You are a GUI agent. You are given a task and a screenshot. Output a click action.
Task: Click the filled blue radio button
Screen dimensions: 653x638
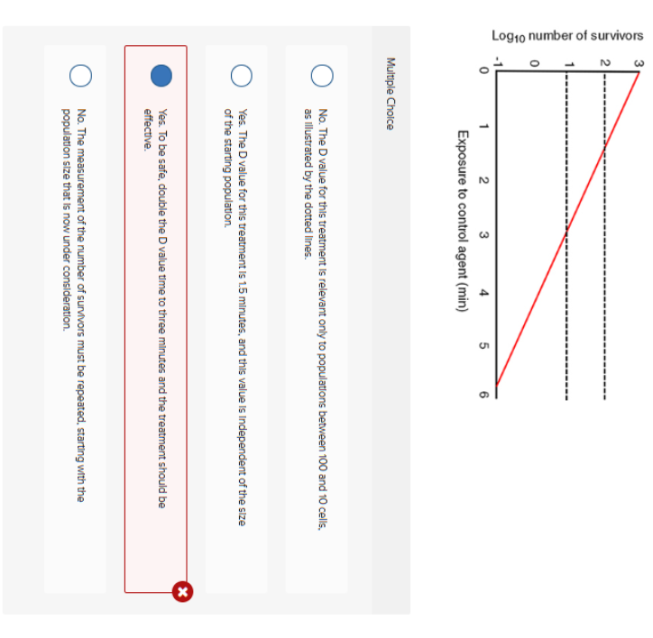[161, 76]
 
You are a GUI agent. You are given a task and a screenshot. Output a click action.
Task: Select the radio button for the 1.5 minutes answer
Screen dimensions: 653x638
[242, 76]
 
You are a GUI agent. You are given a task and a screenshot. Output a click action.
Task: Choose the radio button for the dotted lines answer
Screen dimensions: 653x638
[322, 76]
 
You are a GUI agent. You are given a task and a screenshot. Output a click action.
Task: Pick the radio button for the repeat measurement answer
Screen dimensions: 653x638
[81, 76]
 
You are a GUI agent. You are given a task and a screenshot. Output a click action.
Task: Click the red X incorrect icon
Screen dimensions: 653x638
[182, 591]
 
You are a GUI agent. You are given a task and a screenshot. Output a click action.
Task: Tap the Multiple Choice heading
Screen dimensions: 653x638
[390, 94]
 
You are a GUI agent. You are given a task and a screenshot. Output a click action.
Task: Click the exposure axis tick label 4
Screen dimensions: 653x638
[483, 293]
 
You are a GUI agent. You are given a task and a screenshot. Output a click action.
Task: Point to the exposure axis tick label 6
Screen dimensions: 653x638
[483, 394]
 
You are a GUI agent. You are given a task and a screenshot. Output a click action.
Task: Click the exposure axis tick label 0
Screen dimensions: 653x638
[483, 70]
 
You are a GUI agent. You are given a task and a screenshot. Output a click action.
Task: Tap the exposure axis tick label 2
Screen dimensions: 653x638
[483, 180]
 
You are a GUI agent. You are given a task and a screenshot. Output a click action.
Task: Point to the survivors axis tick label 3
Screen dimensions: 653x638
[639, 64]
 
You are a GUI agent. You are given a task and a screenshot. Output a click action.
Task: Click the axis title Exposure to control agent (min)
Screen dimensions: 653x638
[463, 221]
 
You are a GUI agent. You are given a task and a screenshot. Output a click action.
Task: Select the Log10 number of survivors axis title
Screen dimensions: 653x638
[567, 36]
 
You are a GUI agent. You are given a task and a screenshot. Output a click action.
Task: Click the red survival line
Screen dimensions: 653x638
[567, 229]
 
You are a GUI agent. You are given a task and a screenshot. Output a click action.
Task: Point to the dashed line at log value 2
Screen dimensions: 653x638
[604, 235]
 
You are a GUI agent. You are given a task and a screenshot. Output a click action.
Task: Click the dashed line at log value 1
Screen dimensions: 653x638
[566, 235]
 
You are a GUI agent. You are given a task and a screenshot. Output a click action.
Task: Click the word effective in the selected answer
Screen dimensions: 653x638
[148, 130]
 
